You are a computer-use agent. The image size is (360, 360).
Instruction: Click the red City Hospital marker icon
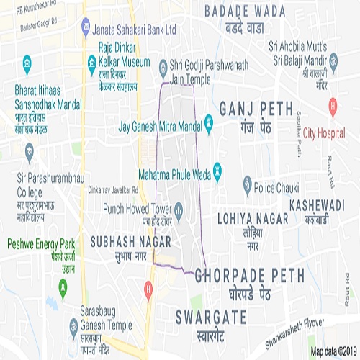[332, 109]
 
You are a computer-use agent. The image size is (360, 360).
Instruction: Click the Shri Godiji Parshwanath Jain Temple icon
[163, 66]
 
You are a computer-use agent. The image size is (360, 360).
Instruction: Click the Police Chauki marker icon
[246, 186]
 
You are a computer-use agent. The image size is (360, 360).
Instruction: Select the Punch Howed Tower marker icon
[178, 209]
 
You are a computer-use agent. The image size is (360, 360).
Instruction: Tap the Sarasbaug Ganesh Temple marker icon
[73, 327]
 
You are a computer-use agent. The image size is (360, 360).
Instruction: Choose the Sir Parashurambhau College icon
[30, 152]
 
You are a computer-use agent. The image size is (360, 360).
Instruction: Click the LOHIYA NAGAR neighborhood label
[251, 215]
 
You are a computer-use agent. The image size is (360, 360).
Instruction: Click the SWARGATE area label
[210, 317]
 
